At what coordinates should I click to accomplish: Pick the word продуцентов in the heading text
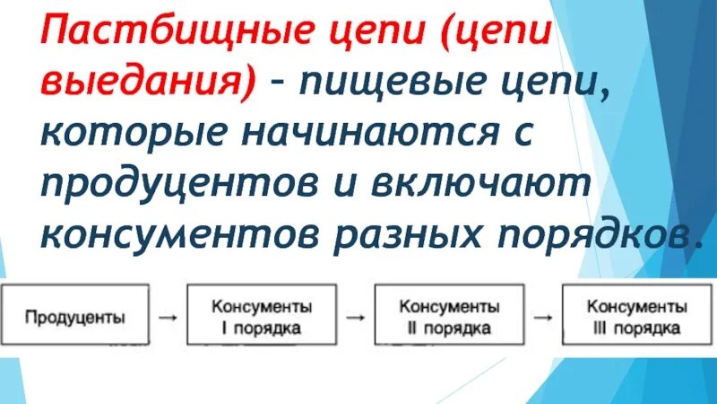tap(177, 184)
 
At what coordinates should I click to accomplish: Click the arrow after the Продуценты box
tap(167, 316)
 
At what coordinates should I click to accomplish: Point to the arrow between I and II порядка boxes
tap(356, 316)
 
